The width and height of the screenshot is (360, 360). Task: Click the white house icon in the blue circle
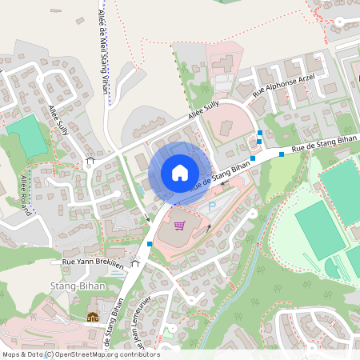coord(179,173)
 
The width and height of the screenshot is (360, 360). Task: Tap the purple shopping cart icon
coord(179,226)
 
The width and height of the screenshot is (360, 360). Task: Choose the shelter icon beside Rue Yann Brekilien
coord(135,262)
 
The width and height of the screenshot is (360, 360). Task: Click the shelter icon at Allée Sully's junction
coord(90,161)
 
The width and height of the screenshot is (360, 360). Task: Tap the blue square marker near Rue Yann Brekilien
coord(150,244)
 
